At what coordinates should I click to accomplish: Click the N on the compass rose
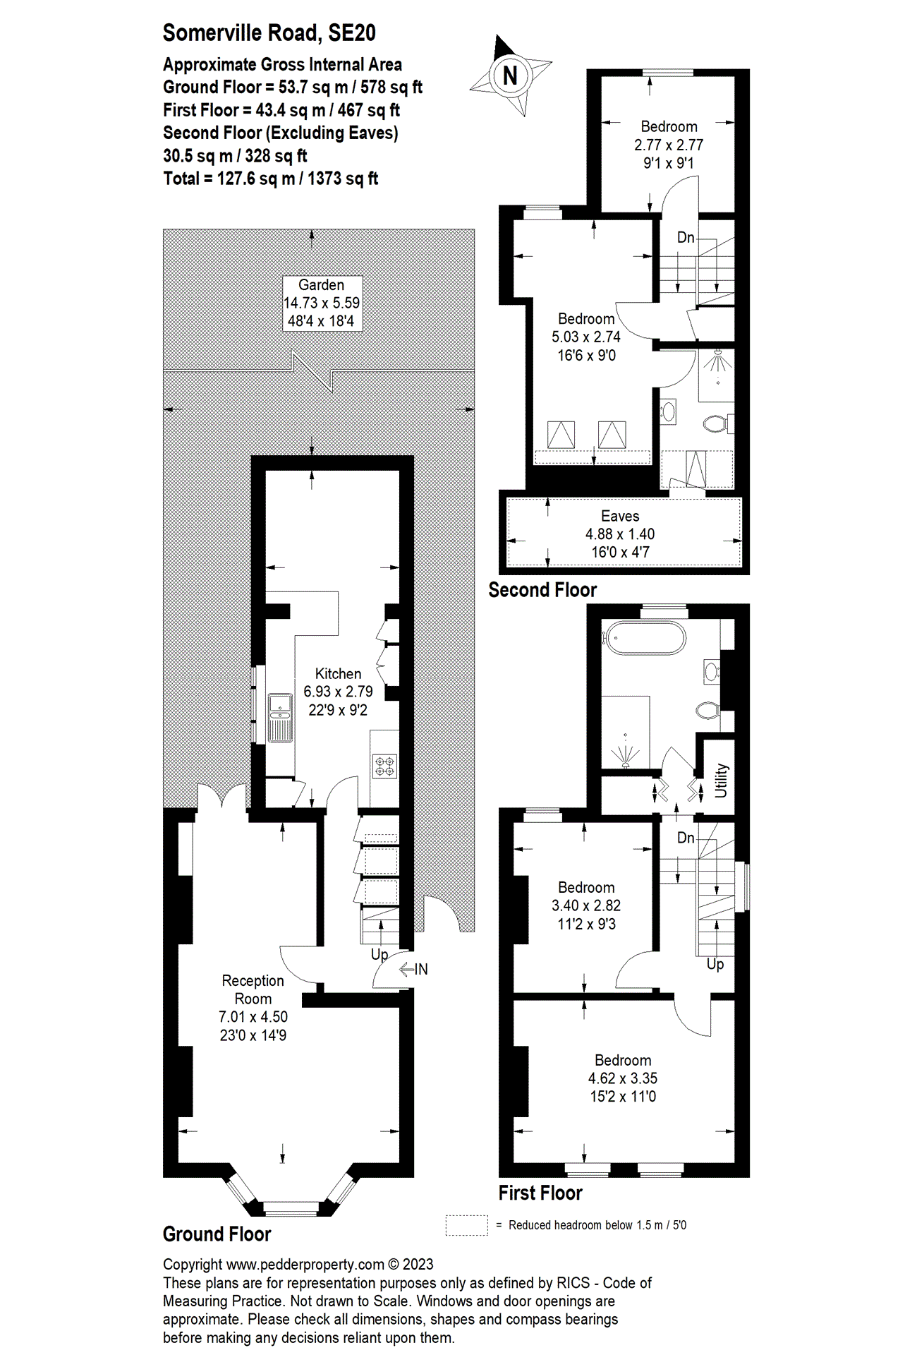click(510, 76)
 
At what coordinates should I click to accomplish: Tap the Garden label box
click(322, 303)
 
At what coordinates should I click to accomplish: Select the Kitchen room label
click(338, 674)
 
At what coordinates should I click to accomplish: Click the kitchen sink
click(280, 718)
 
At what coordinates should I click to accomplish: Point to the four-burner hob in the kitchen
click(385, 766)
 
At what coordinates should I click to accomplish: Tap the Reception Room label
click(253, 989)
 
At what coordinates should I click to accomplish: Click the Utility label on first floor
click(721, 780)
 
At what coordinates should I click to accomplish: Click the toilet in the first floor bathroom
click(707, 710)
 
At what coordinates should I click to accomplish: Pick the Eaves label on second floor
click(620, 516)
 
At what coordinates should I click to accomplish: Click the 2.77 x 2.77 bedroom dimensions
click(669, 145)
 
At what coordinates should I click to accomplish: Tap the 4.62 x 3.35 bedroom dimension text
click(622, 1078)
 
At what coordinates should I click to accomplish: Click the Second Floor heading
click(542, 590)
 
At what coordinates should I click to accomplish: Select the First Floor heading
click(540, 1193)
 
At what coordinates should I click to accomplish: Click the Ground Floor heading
click(217, 1234)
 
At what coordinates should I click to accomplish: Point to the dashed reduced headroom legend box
click(466, 1225)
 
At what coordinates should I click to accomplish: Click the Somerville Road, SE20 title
click(269, 32)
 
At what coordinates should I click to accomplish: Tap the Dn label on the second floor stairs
click(685, 237)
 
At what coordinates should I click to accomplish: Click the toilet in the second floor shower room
click(716, 423)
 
